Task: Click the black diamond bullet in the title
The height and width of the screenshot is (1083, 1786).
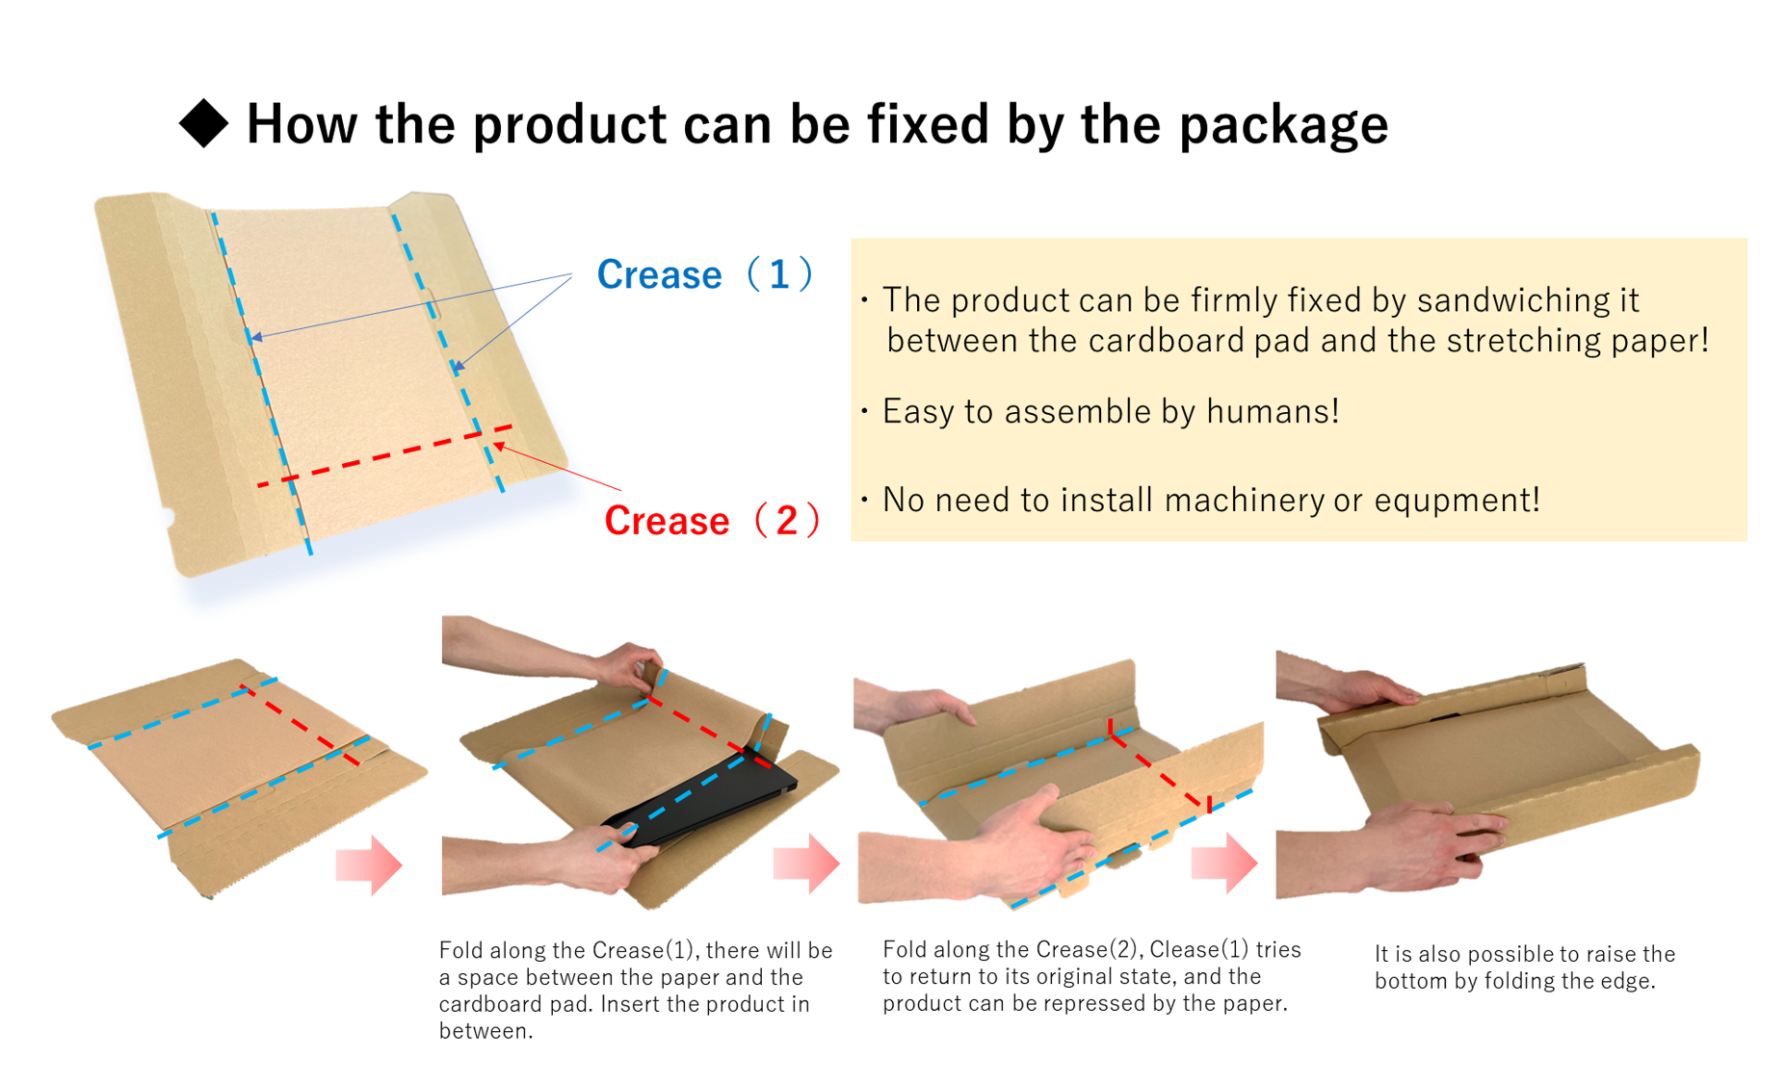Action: pos(203,123)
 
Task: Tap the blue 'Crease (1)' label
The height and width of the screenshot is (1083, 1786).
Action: pos(704,275)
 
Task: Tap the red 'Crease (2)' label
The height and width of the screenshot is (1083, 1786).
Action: pos(711,521)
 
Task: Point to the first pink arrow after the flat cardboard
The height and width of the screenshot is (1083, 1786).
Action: pos(368,864)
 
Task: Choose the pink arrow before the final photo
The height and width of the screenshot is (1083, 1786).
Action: pos(1223,863)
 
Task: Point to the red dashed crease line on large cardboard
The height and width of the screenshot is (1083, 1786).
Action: pos(385,454)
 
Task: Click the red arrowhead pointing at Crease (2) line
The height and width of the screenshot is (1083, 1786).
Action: pos(500,446)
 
